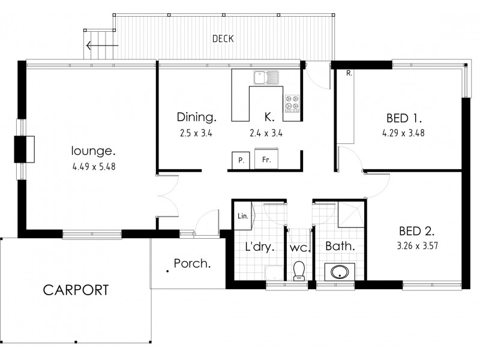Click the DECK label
223,38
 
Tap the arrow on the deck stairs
102,46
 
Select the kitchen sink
266,77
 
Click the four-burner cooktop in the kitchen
292,103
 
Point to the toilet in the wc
298,271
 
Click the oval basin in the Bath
340,272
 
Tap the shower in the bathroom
352,214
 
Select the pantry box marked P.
241,160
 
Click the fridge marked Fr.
266,158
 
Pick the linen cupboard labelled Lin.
243,215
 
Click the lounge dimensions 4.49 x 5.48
94,167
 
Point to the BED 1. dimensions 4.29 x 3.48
403,133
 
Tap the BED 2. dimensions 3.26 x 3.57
418,246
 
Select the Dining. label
197,117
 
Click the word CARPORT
76,290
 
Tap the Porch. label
192,263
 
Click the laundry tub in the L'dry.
274,273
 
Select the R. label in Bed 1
349,73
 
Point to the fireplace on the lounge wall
24,149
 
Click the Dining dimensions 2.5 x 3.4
196,133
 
